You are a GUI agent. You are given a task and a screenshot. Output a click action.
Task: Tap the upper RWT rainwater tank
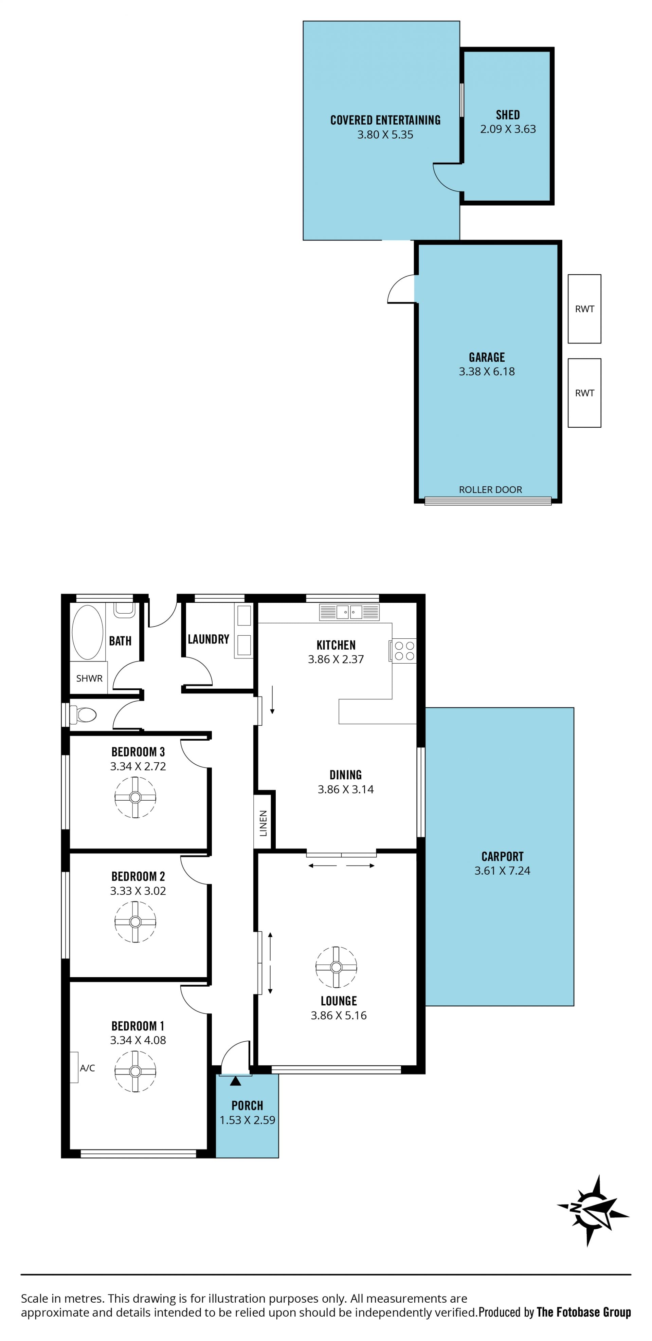(x=584, y=309)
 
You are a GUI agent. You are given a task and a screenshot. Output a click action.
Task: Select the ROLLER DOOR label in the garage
(x=490, y=489)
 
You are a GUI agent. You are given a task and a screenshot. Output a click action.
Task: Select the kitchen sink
(x=349, y=612)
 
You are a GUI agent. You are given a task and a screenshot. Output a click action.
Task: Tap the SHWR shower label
(x=89, y=678)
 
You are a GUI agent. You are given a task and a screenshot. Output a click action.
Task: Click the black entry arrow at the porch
(x=235, y=1081)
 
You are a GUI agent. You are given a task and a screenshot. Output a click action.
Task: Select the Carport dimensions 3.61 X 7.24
(x=502, y=870)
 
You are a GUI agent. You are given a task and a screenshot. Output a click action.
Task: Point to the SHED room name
(x=508, y=114)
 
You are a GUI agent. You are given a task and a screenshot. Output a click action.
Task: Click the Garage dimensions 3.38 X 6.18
(x=487, y=371)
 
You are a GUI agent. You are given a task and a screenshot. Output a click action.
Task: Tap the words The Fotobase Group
(x=583, y=1312)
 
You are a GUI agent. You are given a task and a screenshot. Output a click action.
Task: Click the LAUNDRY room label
(x=208, y=639)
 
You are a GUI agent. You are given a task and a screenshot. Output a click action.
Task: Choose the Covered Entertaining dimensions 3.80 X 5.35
(x=385, y=134)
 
